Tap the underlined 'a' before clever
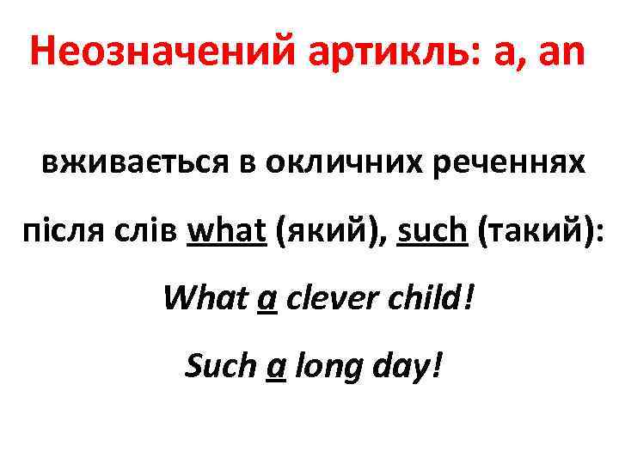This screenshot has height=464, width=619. (267, 301)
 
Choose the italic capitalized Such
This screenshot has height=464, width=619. (220, 367)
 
